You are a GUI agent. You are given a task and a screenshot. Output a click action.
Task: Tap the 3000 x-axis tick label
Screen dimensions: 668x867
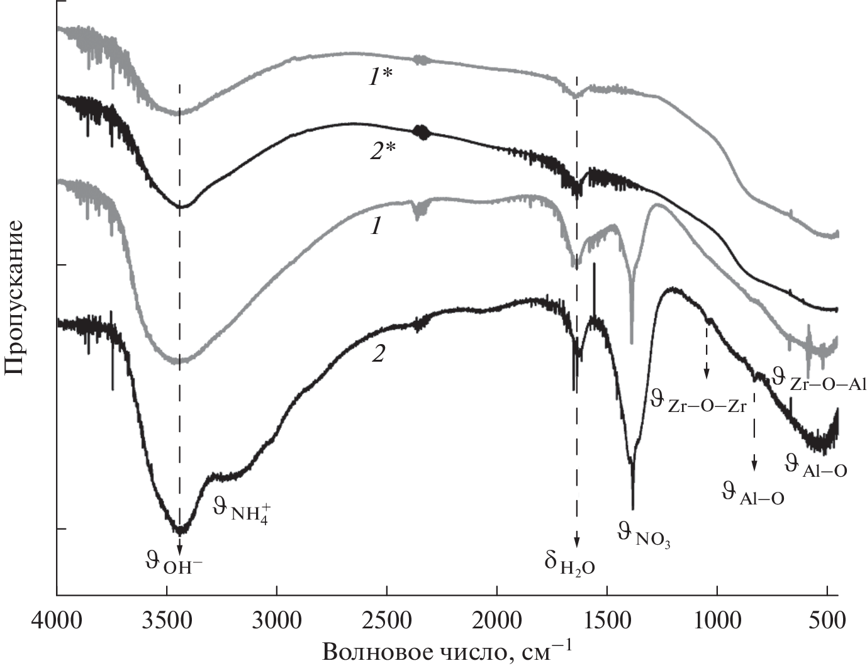[277, 621]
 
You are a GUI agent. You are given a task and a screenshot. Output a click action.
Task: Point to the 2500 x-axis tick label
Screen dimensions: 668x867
[387, 621]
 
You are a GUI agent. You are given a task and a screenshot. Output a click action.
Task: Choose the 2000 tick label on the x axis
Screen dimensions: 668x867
[497, 621]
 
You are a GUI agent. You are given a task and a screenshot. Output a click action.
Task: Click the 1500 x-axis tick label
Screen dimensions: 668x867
[607, 621]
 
